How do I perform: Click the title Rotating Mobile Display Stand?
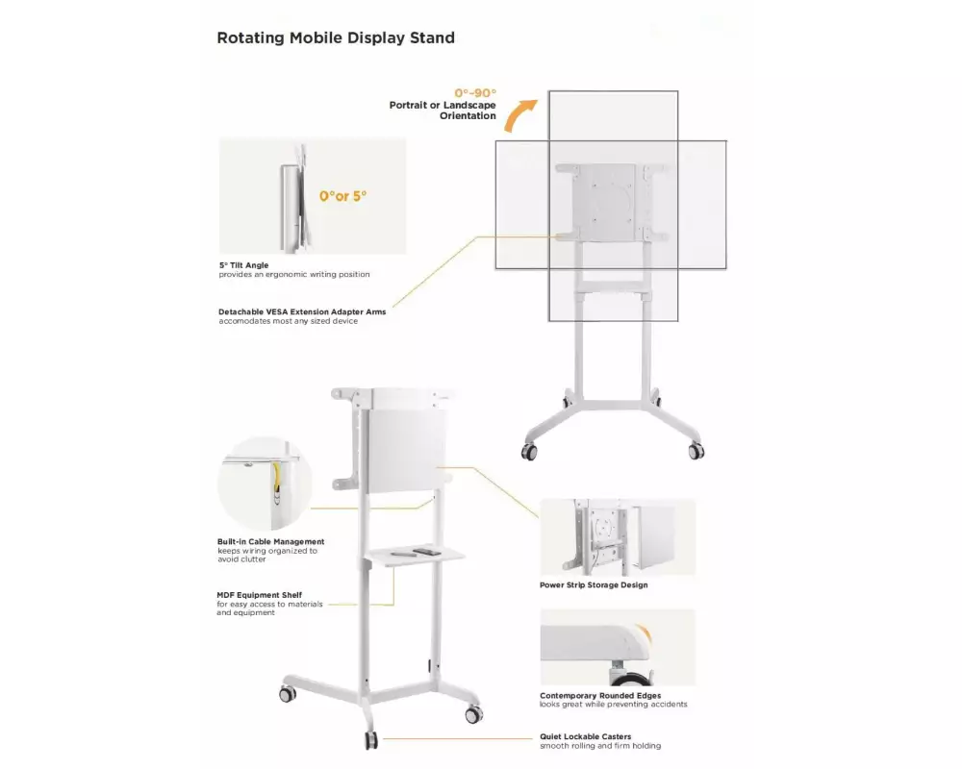336,38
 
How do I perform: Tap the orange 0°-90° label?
475,93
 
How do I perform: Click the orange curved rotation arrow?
519,115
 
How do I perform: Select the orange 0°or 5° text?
343,196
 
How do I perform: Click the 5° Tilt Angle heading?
244,265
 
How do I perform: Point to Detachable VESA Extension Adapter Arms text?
302,312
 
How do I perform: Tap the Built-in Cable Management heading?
270,542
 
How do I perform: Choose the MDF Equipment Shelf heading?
259,595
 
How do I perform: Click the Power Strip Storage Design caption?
594,585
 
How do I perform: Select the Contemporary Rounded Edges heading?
600,695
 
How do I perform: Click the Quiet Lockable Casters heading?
585,736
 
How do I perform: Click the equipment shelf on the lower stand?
415,555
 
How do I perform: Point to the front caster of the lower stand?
371,740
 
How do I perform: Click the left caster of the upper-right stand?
528,452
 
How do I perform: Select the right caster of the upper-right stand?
696,451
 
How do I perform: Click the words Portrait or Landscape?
443,106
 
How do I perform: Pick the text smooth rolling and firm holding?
600,746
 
